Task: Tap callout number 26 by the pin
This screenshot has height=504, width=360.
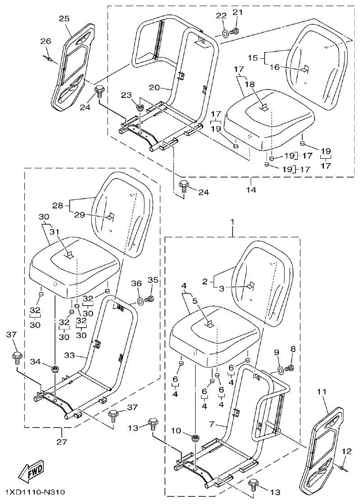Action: [46, 42]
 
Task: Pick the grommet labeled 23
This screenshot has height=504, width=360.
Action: [140, 108]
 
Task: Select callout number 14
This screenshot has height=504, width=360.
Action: [251, 190]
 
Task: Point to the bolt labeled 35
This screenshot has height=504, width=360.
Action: [151, 299]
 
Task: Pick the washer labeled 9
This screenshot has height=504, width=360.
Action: [281, 370]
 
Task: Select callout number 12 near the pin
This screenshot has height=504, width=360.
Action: [346, 450]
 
